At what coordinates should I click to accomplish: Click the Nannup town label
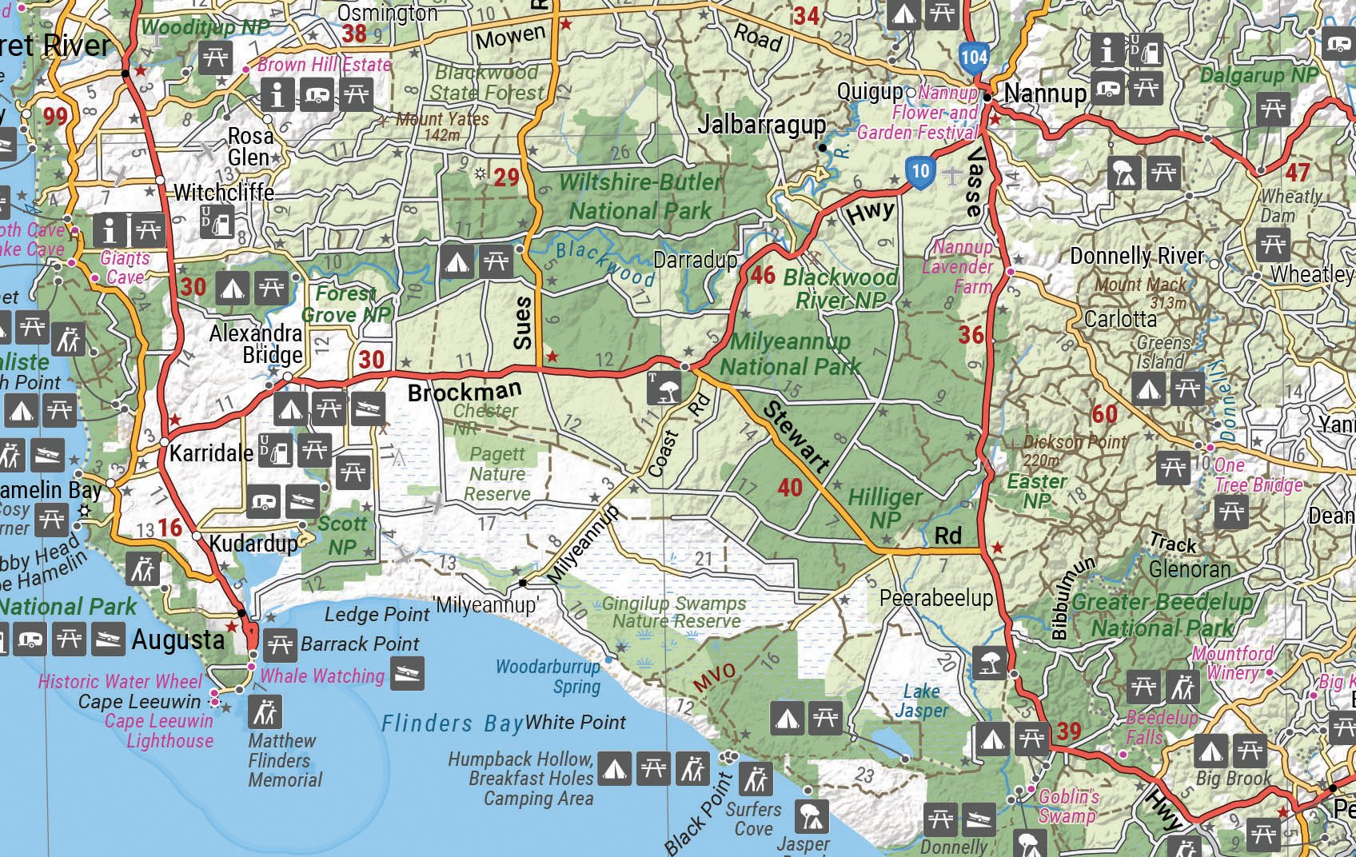tap(1045, 94)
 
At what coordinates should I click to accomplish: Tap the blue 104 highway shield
tap(974, 57)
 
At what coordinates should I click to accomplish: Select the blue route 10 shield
tap(920, 171)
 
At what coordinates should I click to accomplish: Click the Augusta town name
tap(177, 640)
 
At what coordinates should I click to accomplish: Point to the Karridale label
tap(211, 453)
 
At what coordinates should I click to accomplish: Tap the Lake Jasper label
tap(922, 701)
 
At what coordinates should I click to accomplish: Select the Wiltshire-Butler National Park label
tap(640, 197)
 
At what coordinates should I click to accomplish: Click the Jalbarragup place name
tap(761, 126)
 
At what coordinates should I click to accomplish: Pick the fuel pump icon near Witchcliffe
tap(217, 222)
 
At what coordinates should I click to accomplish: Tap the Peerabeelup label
tap(935, 598)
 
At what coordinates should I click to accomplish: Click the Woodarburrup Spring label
tap(548, 676)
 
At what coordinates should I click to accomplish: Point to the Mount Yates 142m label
tap(441, 126)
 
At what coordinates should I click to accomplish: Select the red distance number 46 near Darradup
tap(763, 276)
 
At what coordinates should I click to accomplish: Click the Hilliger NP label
tap(884, 508)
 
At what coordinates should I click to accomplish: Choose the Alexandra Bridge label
tap(256, 344)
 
